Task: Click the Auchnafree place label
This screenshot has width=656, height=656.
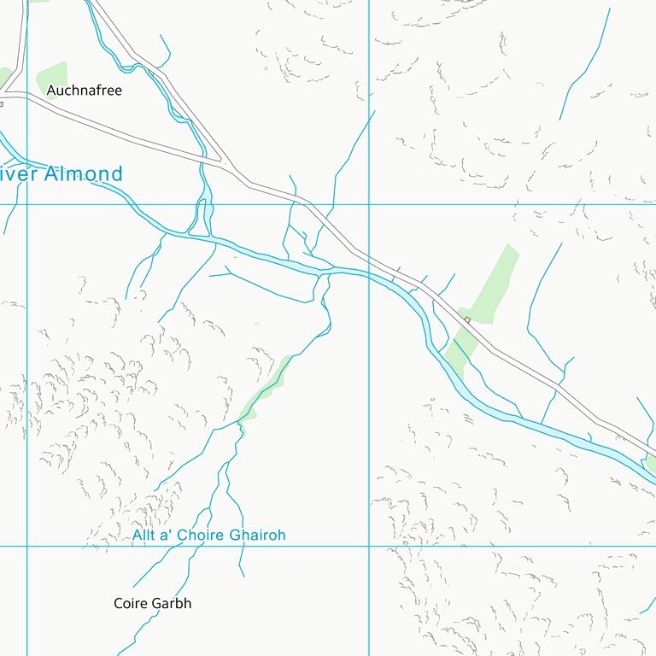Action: coord(85,91)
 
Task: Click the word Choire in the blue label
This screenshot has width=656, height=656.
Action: coord(193,536)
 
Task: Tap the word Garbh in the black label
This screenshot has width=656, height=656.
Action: coord(172,603)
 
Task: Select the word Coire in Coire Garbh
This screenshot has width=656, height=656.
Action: coord(131,603)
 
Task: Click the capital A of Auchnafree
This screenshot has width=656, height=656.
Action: coord(51,91)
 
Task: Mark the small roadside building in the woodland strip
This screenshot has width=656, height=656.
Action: coord(467,319)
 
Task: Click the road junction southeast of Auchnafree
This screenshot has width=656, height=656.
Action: coord(225,162)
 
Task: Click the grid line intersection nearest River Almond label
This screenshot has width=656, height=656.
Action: coord(26,205)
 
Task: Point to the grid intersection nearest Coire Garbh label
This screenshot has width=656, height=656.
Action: coord(26,546)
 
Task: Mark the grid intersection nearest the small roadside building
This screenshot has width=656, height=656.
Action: coord(369,205)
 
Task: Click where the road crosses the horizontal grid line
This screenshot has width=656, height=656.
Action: coord(309,205)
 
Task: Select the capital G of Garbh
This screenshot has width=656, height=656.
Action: coord(156,603)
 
